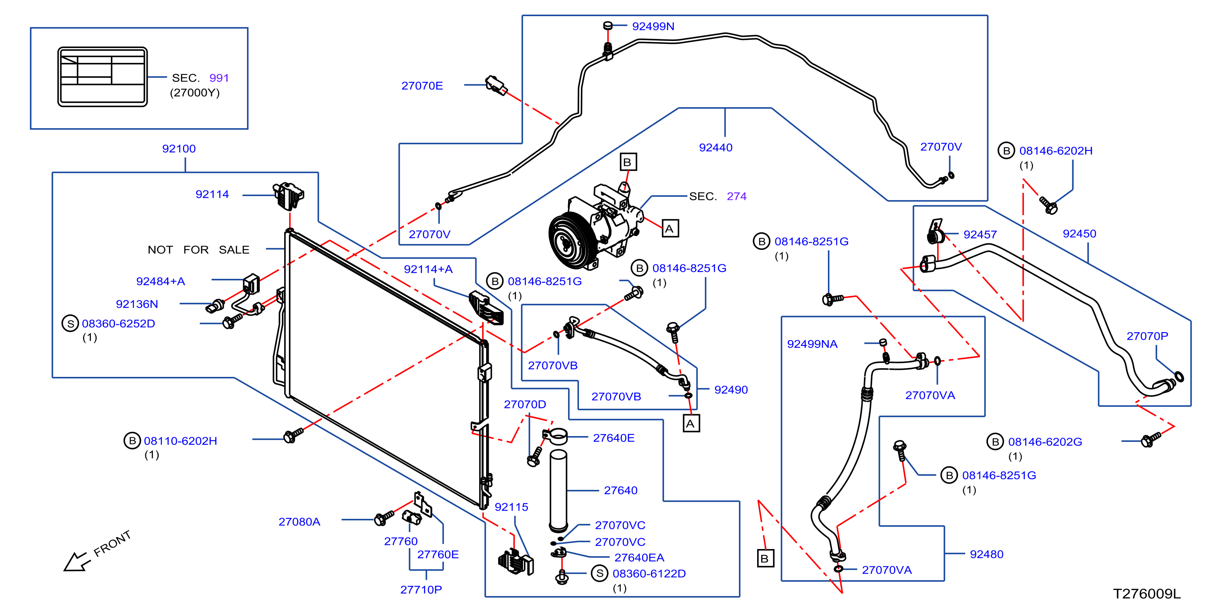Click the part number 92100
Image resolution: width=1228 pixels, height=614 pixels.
pos(179,149)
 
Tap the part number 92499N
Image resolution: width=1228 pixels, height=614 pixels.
pos(653,26)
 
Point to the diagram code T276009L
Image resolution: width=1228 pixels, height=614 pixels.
pos(1146,594)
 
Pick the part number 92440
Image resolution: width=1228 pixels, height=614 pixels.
pos(715,147)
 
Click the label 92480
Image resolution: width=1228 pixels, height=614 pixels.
pos(986,554)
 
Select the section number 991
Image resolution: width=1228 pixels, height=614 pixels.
pos(219,78)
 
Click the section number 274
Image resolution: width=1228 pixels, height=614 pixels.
pos(736,196)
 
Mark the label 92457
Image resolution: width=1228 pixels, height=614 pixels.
pos(980,235)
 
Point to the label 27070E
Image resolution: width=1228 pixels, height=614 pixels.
pos(422,86)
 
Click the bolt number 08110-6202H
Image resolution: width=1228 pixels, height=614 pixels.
pos(180,441)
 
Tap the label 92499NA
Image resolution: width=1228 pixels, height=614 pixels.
pos(812,344)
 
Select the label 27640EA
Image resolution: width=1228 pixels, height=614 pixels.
pos(639,558)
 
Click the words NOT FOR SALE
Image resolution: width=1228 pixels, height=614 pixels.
pos(198,250)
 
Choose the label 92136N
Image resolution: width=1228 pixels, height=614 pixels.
pos(137,304)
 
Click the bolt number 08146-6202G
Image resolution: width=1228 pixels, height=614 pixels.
pos(1045,442)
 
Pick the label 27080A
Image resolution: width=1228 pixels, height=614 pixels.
pos(300,522)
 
